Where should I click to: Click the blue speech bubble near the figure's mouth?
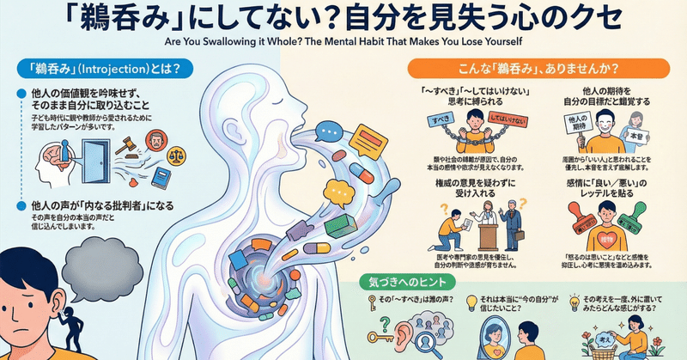[331, 133]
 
